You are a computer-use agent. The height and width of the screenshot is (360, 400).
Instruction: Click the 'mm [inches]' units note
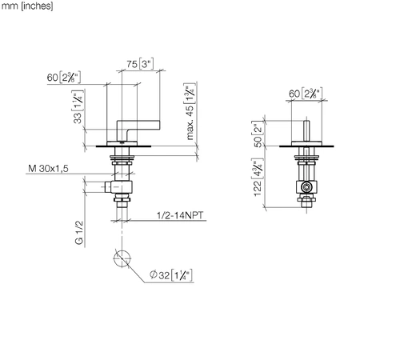click(x=27, y=6)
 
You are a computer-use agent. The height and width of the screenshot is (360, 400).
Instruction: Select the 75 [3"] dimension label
click(x=140, y=64)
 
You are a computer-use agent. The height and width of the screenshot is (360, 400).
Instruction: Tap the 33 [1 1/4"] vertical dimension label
click(x=78, y=107)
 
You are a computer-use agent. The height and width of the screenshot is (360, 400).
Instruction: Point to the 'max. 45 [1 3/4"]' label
click(x=190, y=111)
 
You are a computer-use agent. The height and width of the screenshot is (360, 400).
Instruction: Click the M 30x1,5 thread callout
click(x=48, y=169)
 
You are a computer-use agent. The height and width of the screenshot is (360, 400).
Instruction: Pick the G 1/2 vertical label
click(x=79, y=233)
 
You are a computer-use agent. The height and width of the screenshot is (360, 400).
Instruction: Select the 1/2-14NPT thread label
click(x=180, y=215)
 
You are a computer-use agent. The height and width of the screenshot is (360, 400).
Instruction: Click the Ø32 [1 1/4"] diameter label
click(x=171, y=274)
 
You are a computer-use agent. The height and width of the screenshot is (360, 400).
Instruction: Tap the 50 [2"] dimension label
click(x=258, y=134)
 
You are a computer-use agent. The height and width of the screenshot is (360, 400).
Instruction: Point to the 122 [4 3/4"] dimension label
click(x=258, y=178)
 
